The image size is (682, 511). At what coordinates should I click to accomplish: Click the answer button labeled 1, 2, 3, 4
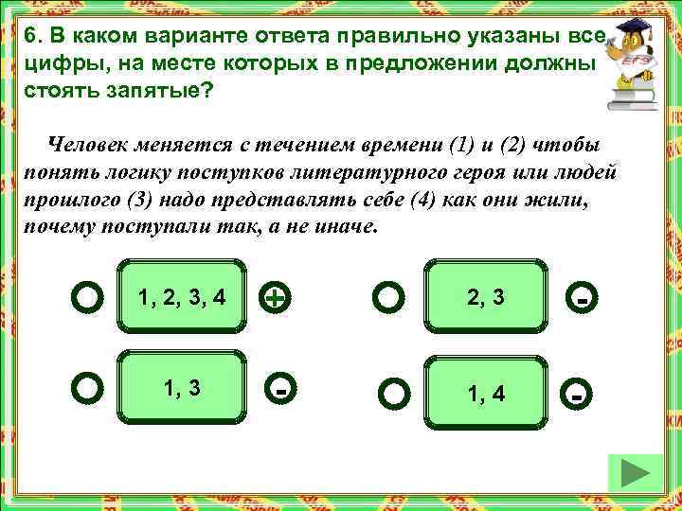pos(182,297)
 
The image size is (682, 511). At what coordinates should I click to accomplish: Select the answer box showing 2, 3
pos(486,297)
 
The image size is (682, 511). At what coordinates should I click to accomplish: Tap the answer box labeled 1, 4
pos(486,391)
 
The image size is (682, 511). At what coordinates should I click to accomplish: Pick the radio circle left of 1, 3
pos(87,387)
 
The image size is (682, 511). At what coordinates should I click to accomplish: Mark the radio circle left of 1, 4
pos(395,392)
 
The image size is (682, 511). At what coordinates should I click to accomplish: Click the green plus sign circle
pos(275,298)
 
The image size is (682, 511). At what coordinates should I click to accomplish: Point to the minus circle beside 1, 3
pos(281,388)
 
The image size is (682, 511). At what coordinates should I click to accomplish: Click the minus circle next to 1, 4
pos(577,392)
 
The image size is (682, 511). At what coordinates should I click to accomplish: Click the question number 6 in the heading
pos(33,37)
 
